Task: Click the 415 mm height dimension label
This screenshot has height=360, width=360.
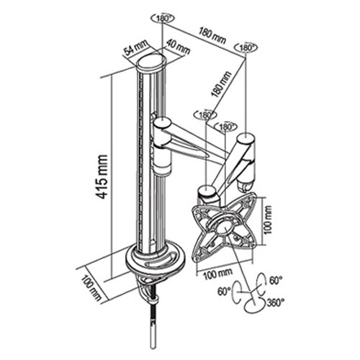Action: (x=102, y=177)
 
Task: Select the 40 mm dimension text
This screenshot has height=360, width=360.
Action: (x=178, y=47)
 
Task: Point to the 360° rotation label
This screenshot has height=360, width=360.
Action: (x=275, y=302)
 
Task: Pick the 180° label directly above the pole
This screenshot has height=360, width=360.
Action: (x=163, y=19)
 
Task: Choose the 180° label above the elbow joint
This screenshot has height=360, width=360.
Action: (x=246, y=48)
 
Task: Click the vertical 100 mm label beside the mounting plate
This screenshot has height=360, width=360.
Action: (x=269, y=220)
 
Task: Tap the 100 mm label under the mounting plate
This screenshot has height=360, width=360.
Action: (x=218, y=274)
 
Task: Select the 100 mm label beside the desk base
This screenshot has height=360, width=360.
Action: (x=91, y=288)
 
